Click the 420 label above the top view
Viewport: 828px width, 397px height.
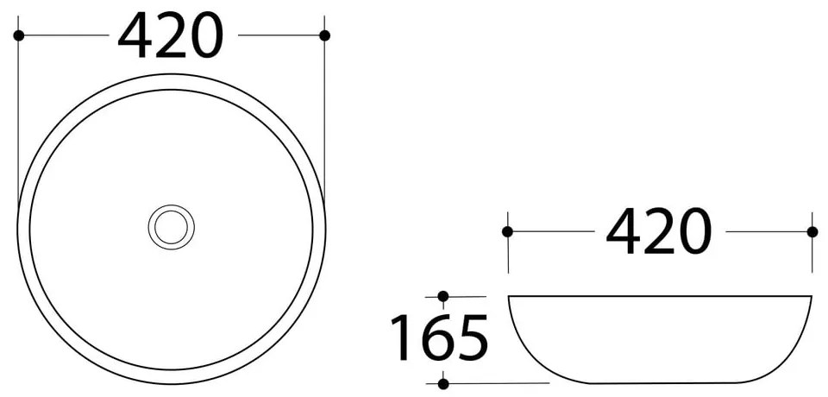click(171, 37)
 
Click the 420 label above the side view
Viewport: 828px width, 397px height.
click(659, 233)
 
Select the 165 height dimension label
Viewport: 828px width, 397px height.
click(440, 337)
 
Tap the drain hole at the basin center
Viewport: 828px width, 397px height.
click(171, 227)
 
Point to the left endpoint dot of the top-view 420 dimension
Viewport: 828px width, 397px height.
click(18, 35)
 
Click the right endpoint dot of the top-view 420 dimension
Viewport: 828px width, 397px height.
click(324, 35)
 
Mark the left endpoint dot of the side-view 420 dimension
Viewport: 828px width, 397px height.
click(507, 231)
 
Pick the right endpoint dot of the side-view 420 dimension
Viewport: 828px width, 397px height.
click(812, 231)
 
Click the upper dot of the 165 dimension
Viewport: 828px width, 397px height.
click(442, 296)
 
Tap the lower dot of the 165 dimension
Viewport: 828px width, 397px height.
click(442, 383)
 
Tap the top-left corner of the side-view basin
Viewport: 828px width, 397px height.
click(509, 297)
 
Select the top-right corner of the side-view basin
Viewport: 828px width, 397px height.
click(811, 297)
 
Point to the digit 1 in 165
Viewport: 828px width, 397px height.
click(402, 337)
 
